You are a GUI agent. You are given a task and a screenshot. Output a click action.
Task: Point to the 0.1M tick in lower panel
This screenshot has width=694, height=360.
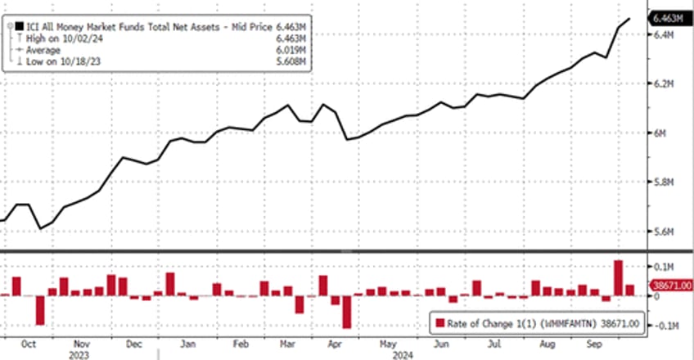click(662, 268)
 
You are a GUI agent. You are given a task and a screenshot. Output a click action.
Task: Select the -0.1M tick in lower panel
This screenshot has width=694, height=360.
click(664, 326)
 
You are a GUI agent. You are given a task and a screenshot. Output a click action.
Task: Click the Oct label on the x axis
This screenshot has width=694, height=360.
click(29, 344)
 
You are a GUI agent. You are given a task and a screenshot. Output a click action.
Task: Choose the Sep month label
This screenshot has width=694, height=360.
click(595, 344)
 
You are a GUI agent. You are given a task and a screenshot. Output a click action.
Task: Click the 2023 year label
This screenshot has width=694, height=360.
click(79, 355)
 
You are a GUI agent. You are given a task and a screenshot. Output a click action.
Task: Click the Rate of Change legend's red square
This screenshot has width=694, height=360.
click(440, 322)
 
